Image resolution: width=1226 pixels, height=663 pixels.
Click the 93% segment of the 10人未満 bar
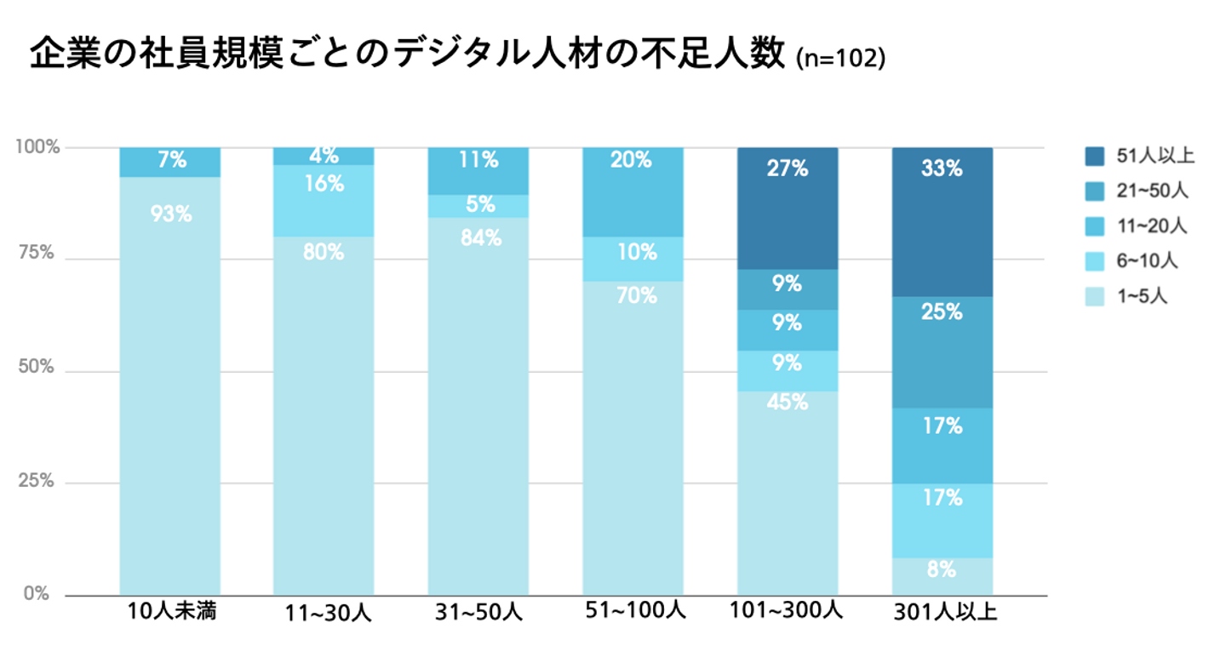170,383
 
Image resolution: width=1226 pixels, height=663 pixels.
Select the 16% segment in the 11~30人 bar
324,200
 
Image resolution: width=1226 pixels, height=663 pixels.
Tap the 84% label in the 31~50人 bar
480,239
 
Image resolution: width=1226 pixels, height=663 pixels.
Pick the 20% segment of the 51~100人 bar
633,191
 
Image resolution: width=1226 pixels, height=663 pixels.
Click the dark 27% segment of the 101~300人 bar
788,209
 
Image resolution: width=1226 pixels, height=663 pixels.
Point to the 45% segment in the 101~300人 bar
788,494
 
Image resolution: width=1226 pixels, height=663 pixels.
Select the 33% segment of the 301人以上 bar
942,221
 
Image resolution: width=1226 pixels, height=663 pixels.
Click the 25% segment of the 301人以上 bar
942,352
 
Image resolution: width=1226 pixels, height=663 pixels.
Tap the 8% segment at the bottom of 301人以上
942,575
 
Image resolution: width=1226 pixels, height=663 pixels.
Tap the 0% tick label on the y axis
37,593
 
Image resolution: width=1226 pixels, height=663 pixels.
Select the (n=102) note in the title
840,60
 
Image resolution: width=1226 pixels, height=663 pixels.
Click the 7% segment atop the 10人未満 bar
170,162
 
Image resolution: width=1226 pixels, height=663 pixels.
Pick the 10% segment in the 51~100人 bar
633,259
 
